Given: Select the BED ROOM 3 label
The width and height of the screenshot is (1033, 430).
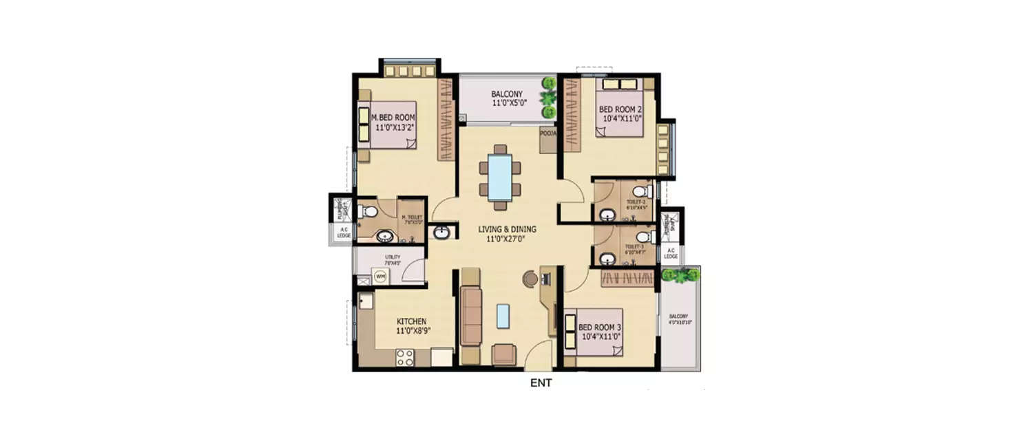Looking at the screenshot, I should coord(600,327).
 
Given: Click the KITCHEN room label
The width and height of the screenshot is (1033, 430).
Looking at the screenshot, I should coord(412,321).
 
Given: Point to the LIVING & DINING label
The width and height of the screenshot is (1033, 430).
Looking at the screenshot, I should coord(508,229).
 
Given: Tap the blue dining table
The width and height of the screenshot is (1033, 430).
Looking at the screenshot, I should coord(500,177).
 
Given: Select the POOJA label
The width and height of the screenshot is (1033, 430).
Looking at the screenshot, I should coord(548,133).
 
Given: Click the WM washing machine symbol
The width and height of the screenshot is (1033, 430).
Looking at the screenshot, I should coord(379,276).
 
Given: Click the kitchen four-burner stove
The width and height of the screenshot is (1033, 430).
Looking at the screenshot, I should coord(404,356).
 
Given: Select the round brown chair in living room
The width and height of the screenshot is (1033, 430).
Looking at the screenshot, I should coord(529,278).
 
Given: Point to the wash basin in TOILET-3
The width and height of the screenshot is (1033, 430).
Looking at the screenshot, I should coord(606,259).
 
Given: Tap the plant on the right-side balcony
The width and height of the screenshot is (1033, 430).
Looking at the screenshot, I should coord(680,275).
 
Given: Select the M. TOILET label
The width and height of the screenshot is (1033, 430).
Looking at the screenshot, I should coord(412,219).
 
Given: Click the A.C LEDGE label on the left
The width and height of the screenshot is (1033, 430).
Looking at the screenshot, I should coord(344,233).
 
